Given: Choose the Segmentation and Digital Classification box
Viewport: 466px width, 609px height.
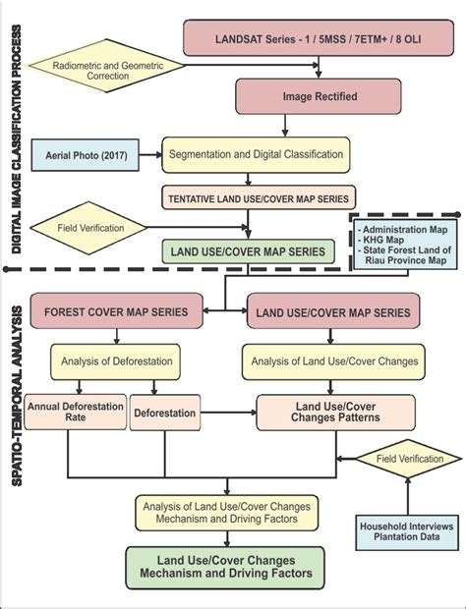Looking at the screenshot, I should point(257,154).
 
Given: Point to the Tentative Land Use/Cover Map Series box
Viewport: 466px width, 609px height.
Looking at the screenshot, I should point(257,199).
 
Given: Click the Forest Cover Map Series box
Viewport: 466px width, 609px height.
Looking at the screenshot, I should point(116,312).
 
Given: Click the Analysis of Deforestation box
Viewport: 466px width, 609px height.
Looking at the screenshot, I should point(116,360).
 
